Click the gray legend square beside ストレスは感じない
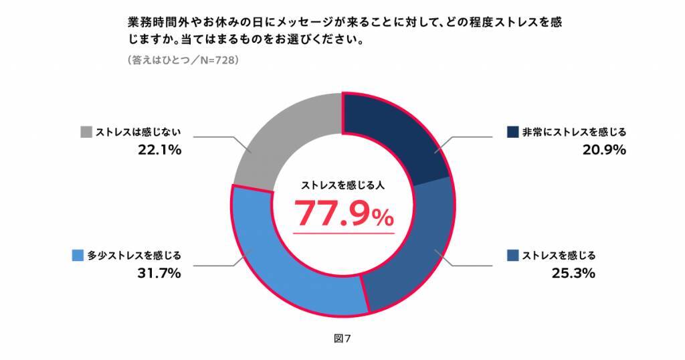coord(85,130)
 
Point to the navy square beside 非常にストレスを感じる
coord(513,130)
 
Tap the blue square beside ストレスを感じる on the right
coord(513,255)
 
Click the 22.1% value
coord(159,150)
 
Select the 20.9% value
coord(603,150)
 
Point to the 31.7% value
coord(159,274)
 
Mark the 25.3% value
coord(573,274)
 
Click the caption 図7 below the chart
coord(342,338)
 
